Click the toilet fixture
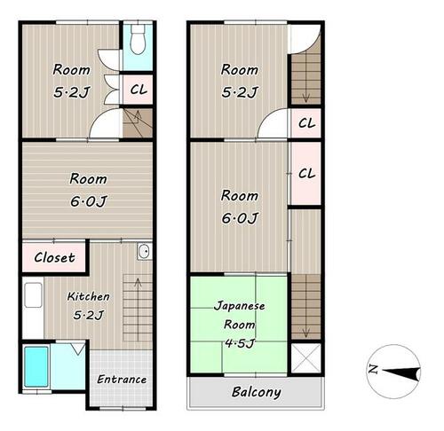(138, 39)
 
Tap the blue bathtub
(36, 366)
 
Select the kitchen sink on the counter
(33, 295)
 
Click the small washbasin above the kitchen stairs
(145, 251)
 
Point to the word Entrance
(122, 380)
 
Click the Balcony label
(257, 392)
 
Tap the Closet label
(54, 257)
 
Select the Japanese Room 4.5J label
(240, 325)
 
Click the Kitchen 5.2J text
(89, 306)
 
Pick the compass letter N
(373, 369)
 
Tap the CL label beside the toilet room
(139, 90)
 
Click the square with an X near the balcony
(306, 358)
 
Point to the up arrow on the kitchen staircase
(138, 310)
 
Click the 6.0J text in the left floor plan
(88, 201)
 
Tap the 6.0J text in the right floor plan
(240, 218)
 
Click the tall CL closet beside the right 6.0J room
(306, 174)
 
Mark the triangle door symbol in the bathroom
(78, 349)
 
